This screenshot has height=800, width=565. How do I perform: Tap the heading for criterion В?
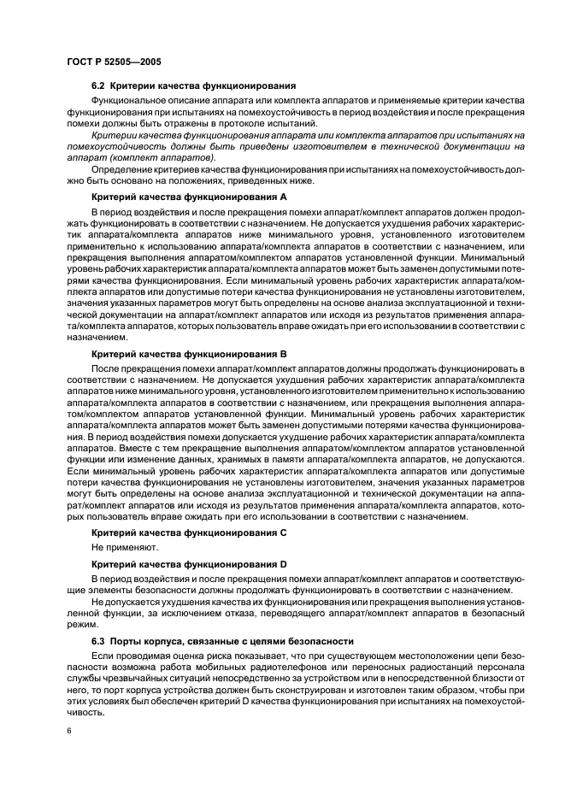pyautogui.click(x=188, y=353)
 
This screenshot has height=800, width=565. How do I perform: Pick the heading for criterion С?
pyautogui.click(x=188, y=532)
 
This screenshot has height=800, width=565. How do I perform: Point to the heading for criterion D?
pyautogui.click(x=188, y=565)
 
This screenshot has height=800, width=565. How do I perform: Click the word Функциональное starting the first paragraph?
pyautogui.click(x=130, y=102)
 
